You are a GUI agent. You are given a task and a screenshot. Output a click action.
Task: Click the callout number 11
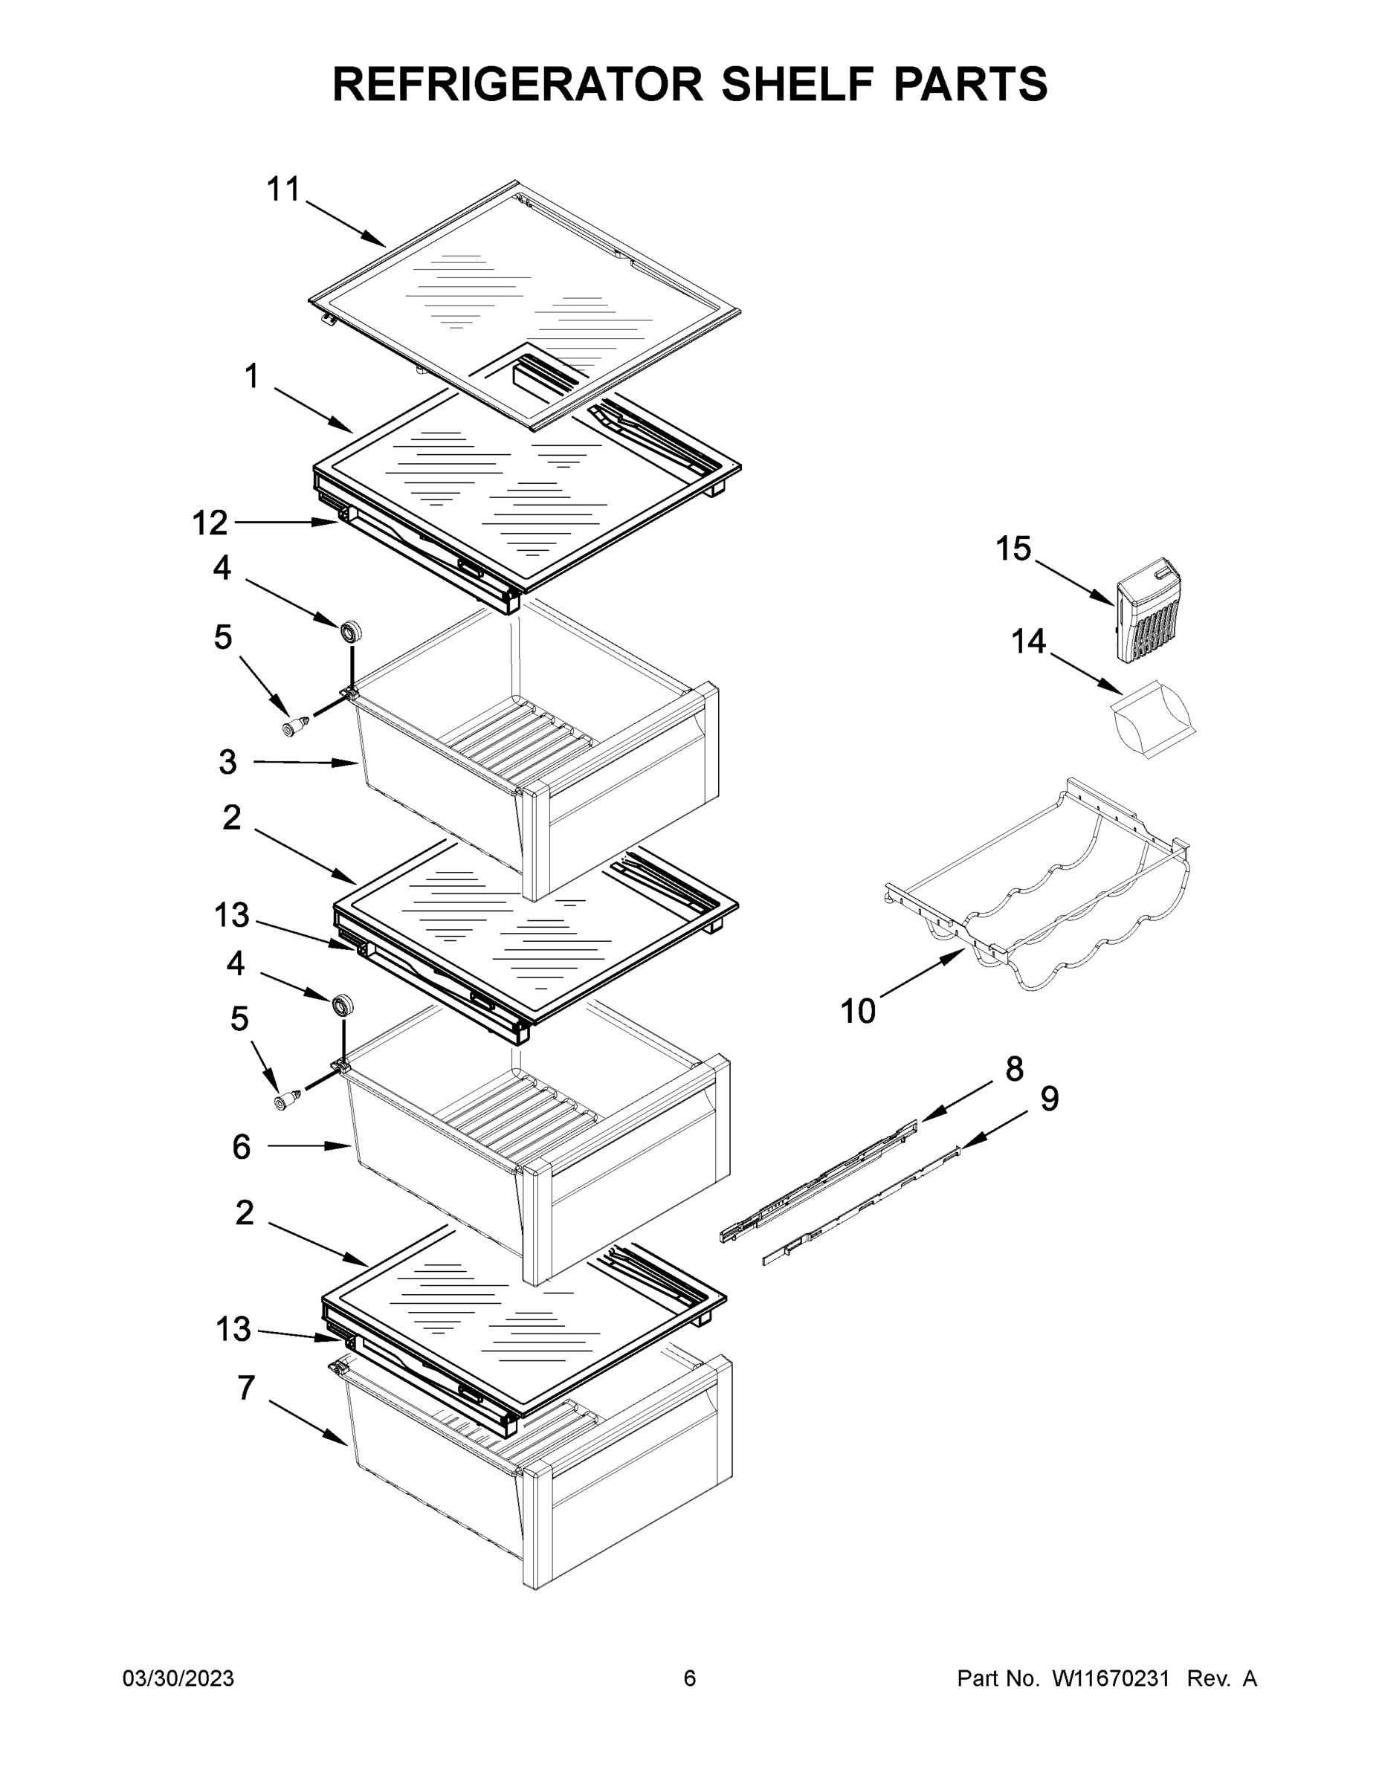(284, 190)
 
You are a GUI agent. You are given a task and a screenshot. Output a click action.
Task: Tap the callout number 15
(1013, 549)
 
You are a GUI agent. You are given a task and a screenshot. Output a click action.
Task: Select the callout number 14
(1029, 642)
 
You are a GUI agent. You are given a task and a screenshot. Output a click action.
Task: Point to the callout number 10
(858, 1011)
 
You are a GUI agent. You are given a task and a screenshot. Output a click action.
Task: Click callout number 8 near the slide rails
(1014, 1068)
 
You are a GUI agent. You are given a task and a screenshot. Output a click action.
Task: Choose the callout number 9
(1050, 1099)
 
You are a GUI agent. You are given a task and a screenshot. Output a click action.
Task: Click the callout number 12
(210, 523)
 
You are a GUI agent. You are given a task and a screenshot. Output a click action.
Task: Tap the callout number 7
(246, 1389)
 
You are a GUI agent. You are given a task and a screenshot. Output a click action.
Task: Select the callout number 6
(241, 1147)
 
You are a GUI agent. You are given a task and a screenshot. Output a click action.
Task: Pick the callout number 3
(228, 762)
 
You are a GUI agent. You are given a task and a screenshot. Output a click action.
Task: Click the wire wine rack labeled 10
(1054, 891)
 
